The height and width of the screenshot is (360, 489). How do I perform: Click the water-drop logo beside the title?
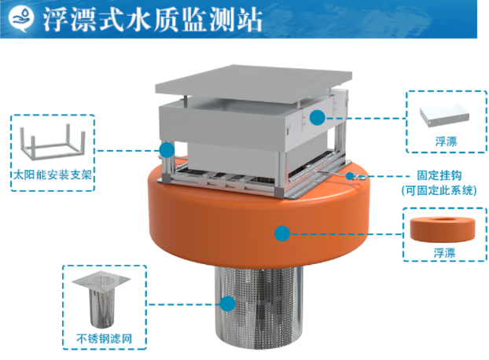pos(21,19)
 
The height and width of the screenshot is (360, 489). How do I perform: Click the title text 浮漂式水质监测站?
pos(153,20)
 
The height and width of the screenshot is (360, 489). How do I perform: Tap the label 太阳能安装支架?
pos(53,174)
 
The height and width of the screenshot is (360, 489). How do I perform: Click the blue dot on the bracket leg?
pos(167,150)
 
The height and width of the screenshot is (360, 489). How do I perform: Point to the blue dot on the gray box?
pos(318,117)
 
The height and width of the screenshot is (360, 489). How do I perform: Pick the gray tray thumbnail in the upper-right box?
pos(444,115)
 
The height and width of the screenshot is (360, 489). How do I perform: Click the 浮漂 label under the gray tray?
pos(447,141)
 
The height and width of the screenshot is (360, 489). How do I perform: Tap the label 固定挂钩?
pos(439,175)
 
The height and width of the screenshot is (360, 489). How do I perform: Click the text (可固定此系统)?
pos(439,190)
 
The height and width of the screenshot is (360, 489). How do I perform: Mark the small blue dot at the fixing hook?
pos(350,176)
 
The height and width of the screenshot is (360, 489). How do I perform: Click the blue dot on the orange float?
pos(282,233)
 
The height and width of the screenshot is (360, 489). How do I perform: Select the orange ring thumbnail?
pos(443,230)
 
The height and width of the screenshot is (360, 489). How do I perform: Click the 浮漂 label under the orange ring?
pos(445,252)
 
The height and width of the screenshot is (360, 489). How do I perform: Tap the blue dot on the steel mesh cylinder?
pos(227,304)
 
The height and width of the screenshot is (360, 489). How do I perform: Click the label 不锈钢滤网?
pos(104,339)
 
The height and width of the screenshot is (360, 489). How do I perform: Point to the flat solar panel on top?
pos(254,82)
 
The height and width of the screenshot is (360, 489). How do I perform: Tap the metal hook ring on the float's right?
pos(361,178)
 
